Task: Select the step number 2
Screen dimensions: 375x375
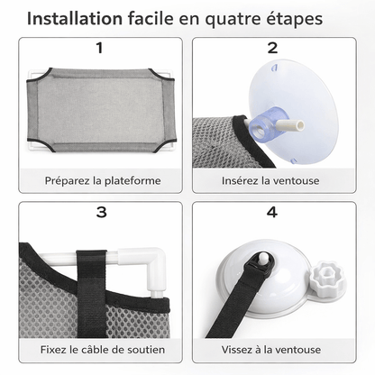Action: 271,49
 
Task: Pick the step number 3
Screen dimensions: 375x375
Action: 99,213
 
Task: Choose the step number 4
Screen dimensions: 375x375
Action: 271,213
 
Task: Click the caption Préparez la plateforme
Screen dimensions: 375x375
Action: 103,180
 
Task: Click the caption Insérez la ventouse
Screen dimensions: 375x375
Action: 273,180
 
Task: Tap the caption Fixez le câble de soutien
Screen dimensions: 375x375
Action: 103,349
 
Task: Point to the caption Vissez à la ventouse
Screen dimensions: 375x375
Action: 273,349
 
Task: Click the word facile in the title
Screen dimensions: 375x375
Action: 158,19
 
